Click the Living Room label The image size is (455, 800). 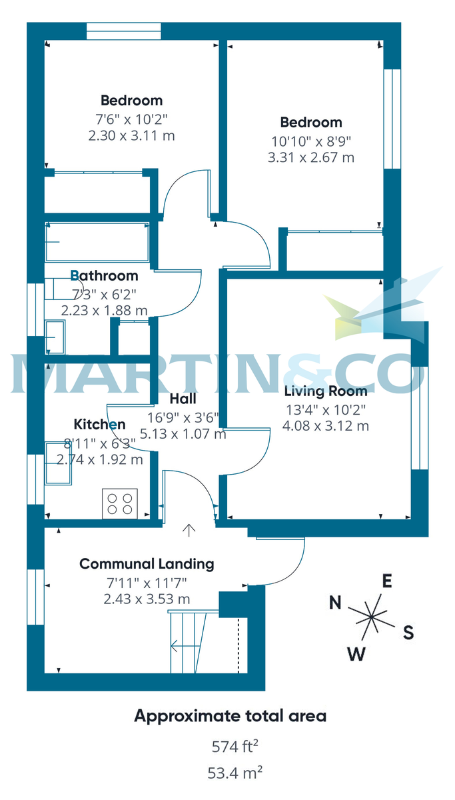[x=326, y=391]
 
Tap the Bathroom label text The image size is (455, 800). [x=105, y=275]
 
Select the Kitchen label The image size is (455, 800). [x=99, y=425]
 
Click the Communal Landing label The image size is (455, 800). [x=147, y=564]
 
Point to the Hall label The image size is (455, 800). [x=183, y=399]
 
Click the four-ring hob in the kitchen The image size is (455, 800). [x=120, y=503]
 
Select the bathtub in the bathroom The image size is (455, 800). [x=96, y=241]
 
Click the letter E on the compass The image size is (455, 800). [x=386, y=581]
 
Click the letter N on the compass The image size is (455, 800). [x=336, y=604]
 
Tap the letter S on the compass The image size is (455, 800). [x=408, y=632]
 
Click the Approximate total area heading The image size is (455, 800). [x=230, y=717]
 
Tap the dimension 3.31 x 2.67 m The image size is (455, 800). [x=311, y=158]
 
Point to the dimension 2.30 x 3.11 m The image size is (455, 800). [x=131, y=136]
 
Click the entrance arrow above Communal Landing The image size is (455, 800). [x=189, y=531]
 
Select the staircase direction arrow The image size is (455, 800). [x=179, y=645]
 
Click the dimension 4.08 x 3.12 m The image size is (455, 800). [x=326, y=426]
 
